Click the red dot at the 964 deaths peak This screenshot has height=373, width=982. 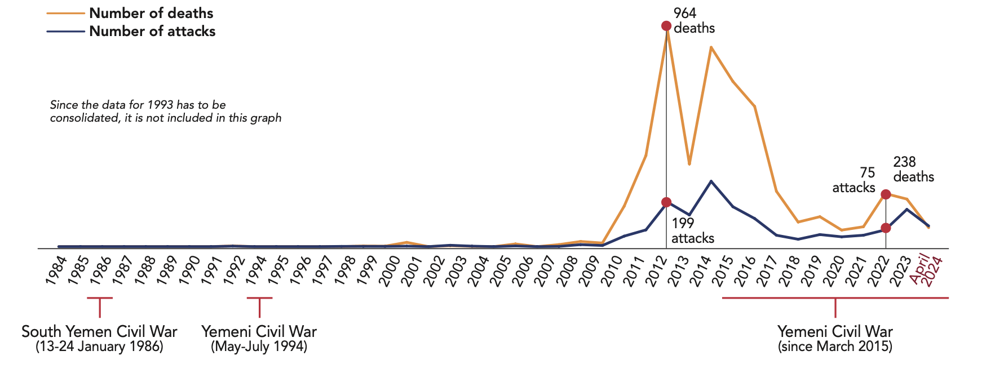point(666,26)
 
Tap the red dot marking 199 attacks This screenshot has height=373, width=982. point(666,202)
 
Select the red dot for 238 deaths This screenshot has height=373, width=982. point(886,194)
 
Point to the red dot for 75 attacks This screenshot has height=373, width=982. point(886,228)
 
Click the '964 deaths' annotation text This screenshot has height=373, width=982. point(693,21)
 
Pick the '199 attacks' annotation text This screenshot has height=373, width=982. point(692,231)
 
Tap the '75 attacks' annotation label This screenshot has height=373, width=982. point(854,180)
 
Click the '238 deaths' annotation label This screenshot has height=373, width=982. point(913,170)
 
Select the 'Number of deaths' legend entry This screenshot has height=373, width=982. point(151,13)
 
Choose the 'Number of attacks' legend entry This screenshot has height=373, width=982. point(152,32)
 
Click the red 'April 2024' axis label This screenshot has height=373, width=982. point(927,270)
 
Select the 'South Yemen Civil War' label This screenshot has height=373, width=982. point(99,331)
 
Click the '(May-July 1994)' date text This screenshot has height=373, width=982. point(259,347)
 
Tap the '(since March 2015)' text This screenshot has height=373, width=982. point(835,347)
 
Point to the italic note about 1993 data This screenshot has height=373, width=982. point(166,112)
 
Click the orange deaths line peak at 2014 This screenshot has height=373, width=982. point(711,47)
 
